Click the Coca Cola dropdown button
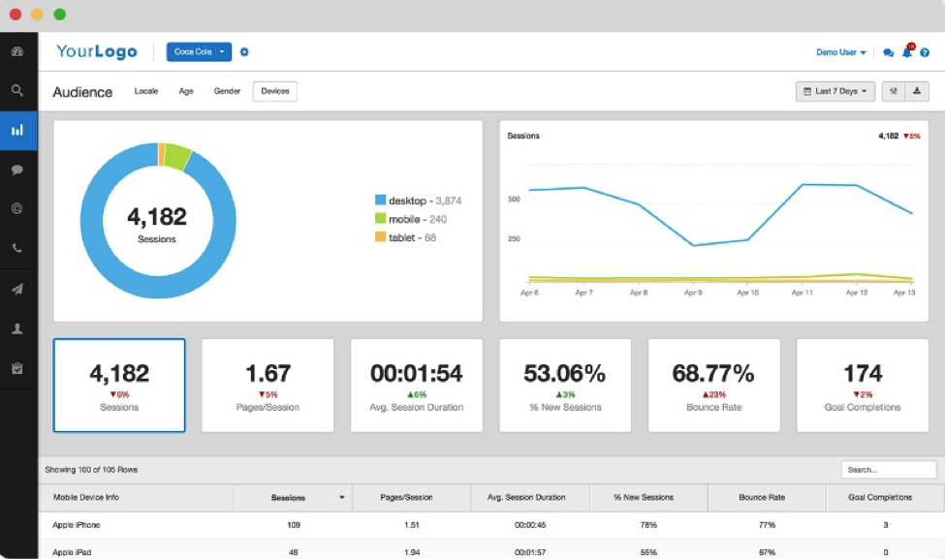click(198, 51)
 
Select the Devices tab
click(274, 91)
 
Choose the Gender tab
click(227, 91)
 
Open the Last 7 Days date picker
click(835, 91)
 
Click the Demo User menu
click(840, 52)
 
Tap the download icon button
click(918, 91)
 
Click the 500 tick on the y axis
click(514, 200)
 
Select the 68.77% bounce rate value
click(713, 373)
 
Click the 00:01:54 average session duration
click(416, 373)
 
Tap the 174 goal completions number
click(862, 373)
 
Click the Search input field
click(888, 470)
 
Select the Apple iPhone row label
click(77, 525)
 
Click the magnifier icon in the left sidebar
click(17, 90)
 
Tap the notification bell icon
click(907, 52)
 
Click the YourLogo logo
click(97, 52)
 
